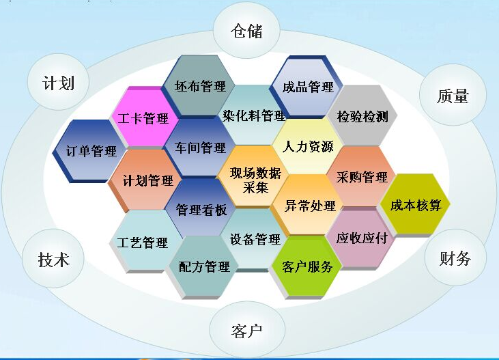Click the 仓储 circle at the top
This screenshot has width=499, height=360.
pyautogui.click(x=246, y=31)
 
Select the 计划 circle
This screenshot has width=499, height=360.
pyautogui.click(x=58, y=83)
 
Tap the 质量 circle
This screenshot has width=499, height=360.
pyautogui.click(x=453, y=96)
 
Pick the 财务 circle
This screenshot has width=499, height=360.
pyautogui.click(x=455, y=258)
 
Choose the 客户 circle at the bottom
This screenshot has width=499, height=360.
pyautogui.click(x=247, y=331)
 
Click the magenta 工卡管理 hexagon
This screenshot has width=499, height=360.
pyautogui.click(x=143, y=118)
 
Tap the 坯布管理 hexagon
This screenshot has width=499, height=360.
pyautogui.click(x=199, y=86)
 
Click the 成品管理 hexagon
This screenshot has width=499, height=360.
pyautogui.click(x=307, y=87)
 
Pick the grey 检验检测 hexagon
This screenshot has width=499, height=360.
pyautogui.click(x=362, y=117)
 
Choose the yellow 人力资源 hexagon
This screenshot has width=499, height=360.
pyautogui.click(x=307, y=146)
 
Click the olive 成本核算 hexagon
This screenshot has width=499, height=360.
pyautogui.click(x=415, y=205)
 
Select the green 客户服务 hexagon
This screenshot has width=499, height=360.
pyautogui.click(x=307, y=266)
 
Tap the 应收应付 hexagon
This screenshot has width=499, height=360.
pyautogui.click(x=362, y=238)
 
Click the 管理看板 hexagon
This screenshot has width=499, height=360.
pyautogui.click(x=200, y=209)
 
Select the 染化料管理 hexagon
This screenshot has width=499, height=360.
pyautogui.click(x=253, y=115)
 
